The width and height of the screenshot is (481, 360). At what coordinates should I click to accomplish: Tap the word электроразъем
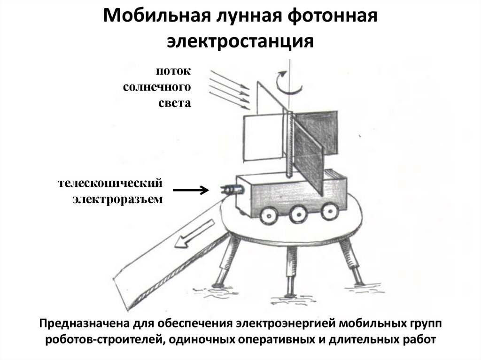click(118, 199)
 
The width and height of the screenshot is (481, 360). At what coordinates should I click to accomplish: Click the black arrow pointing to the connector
click(190, 190)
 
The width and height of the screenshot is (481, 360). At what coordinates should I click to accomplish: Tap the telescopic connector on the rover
click(232, 189)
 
